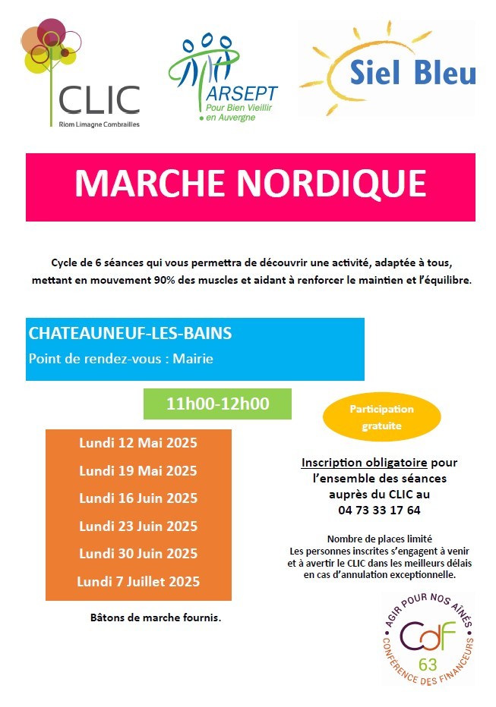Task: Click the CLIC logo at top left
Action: (x=81, y=76)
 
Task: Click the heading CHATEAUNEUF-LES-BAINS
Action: (x=130, y=333)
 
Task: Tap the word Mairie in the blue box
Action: (x=193, y=358)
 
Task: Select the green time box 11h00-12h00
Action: (x=217, y=404)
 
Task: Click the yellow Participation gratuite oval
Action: (x=381, y=417)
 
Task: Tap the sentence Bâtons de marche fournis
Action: (x=156, y=617)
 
